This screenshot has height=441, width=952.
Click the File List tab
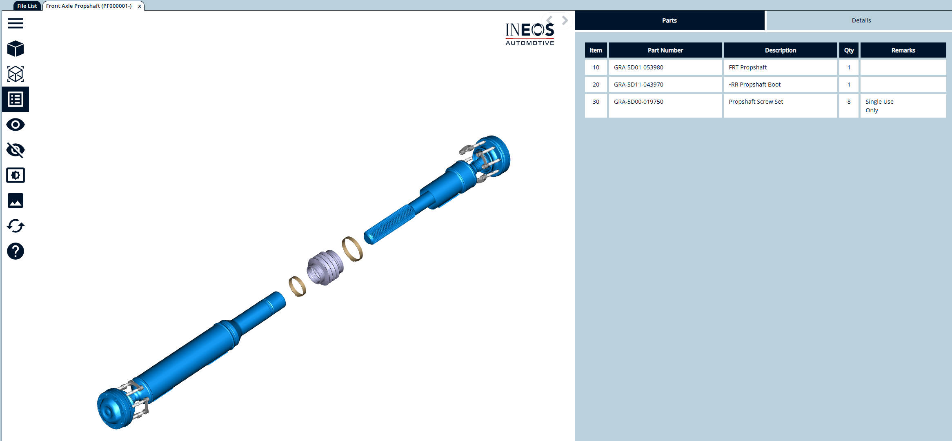(x=27, y=6)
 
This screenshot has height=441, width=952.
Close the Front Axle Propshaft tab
(x=140, y=6)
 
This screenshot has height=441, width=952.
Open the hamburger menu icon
(x=16, y=23)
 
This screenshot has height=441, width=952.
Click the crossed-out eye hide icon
(x=16, y=150)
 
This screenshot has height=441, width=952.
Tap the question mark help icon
(x=16, y=251)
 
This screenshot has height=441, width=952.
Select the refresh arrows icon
(x=16, y=226)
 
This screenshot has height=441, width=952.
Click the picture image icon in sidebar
(x=16, y=200)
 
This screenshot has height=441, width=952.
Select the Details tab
(x=861, y=20)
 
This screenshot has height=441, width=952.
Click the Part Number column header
(x=665, y=50)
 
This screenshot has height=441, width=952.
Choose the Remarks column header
(x=903, y=50)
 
